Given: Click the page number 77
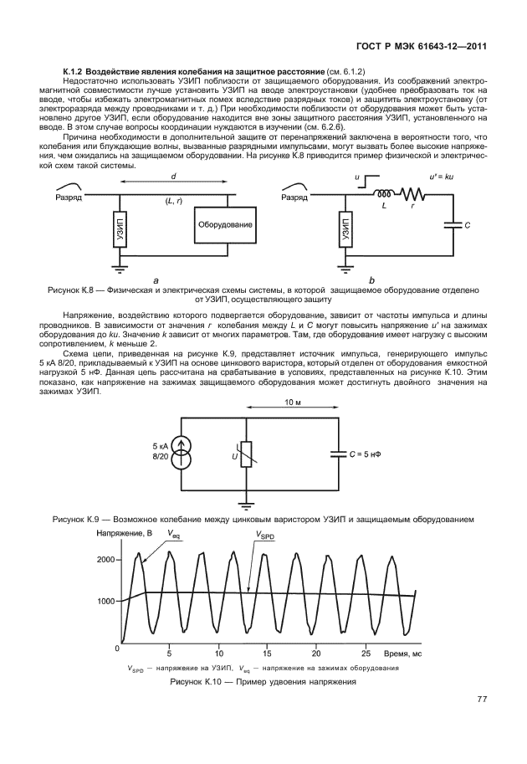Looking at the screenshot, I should pyautogui.click(x=482, y=700).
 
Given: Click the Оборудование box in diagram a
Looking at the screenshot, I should pyautogui.click(x=225, y=225).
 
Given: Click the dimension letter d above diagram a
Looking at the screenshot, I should pyautogui.click(x=173, y=177).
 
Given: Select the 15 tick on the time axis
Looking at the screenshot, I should pyautogui.click(x=267, y=653).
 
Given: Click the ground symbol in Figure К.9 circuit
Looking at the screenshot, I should pyautogui.click(x=244, y=505).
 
